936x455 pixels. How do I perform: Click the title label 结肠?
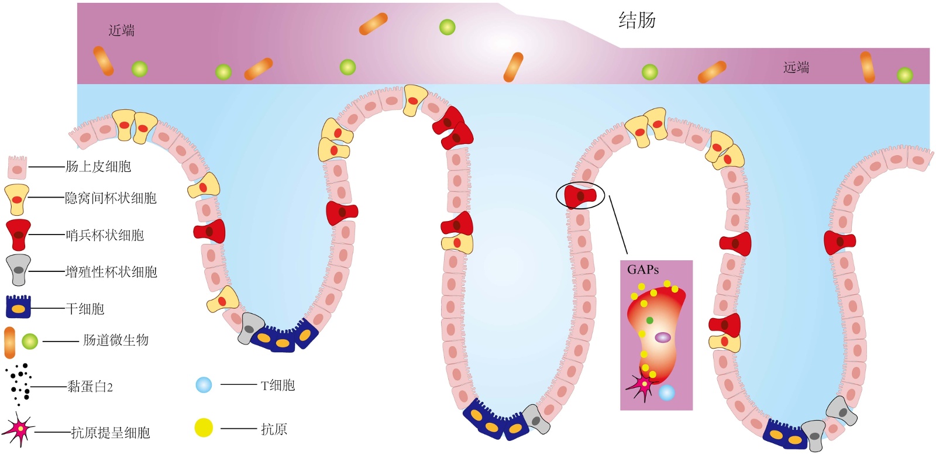click(637, 20)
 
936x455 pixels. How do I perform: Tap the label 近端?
click(122, 30)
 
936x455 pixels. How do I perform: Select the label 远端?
click(796, 67)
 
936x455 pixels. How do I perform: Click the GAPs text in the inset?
click(643, 270)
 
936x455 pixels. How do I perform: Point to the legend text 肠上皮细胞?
click(98, 167)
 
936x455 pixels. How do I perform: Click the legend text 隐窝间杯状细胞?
click(111, 198)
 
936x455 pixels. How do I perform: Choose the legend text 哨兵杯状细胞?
click(105, 235)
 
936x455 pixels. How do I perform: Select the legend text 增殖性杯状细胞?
click(111, 272)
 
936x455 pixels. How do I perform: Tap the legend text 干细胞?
click(85, 309)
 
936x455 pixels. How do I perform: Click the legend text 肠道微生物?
click(116, 340)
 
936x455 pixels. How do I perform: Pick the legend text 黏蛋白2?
click(90, 387)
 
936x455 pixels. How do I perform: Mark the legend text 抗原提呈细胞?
click(111, 433)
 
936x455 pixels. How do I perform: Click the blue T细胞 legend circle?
click(204, 385)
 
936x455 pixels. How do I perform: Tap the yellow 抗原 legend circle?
click(204, 428)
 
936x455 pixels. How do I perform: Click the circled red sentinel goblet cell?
click(580, 195)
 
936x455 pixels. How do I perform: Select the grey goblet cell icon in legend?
click(18, 270)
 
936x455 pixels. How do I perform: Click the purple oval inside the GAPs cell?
click(662, 337)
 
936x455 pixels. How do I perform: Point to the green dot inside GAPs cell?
click(649, 320)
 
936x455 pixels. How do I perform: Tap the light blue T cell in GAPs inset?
click(666, 392)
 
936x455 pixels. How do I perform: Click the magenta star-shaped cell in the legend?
click(19, 430)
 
